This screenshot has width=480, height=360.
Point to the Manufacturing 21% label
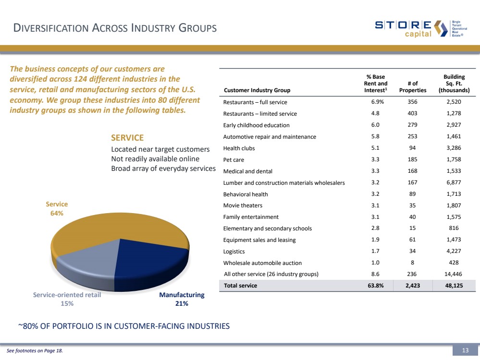pos(182,299)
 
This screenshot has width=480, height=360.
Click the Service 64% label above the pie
pos(57,208)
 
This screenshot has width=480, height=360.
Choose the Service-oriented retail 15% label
pos(67,299)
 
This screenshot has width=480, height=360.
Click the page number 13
pos(465,350)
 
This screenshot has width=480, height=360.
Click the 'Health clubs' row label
pos(239,148)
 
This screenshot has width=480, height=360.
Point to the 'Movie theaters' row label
pos(243,205)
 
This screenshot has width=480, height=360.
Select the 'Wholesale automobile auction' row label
pos(262,263)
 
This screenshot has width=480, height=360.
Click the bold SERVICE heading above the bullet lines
pos(127,138)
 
